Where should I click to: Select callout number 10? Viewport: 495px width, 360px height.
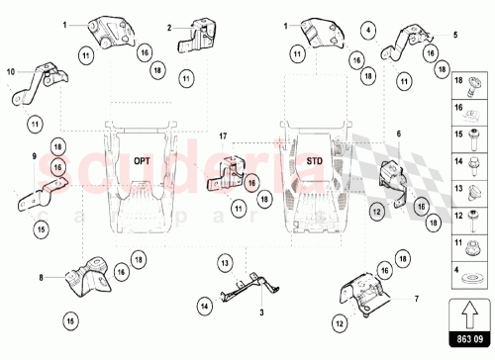[x=9, y=71]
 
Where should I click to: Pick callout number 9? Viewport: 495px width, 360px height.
[x=33, y=157]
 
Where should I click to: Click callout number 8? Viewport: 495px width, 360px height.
[x=40, y=279]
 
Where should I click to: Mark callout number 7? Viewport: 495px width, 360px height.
[x=417, y=297]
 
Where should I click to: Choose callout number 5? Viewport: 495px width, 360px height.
[x=456, y=35]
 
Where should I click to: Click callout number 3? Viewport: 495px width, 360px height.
[x=260, y=312]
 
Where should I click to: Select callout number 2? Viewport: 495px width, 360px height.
[x=169, y=28]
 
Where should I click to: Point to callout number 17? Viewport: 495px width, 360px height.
[x=224, y=135]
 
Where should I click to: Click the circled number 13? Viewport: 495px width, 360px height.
[x=225, y=262]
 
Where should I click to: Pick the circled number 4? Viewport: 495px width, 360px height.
[x=367, y=30]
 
